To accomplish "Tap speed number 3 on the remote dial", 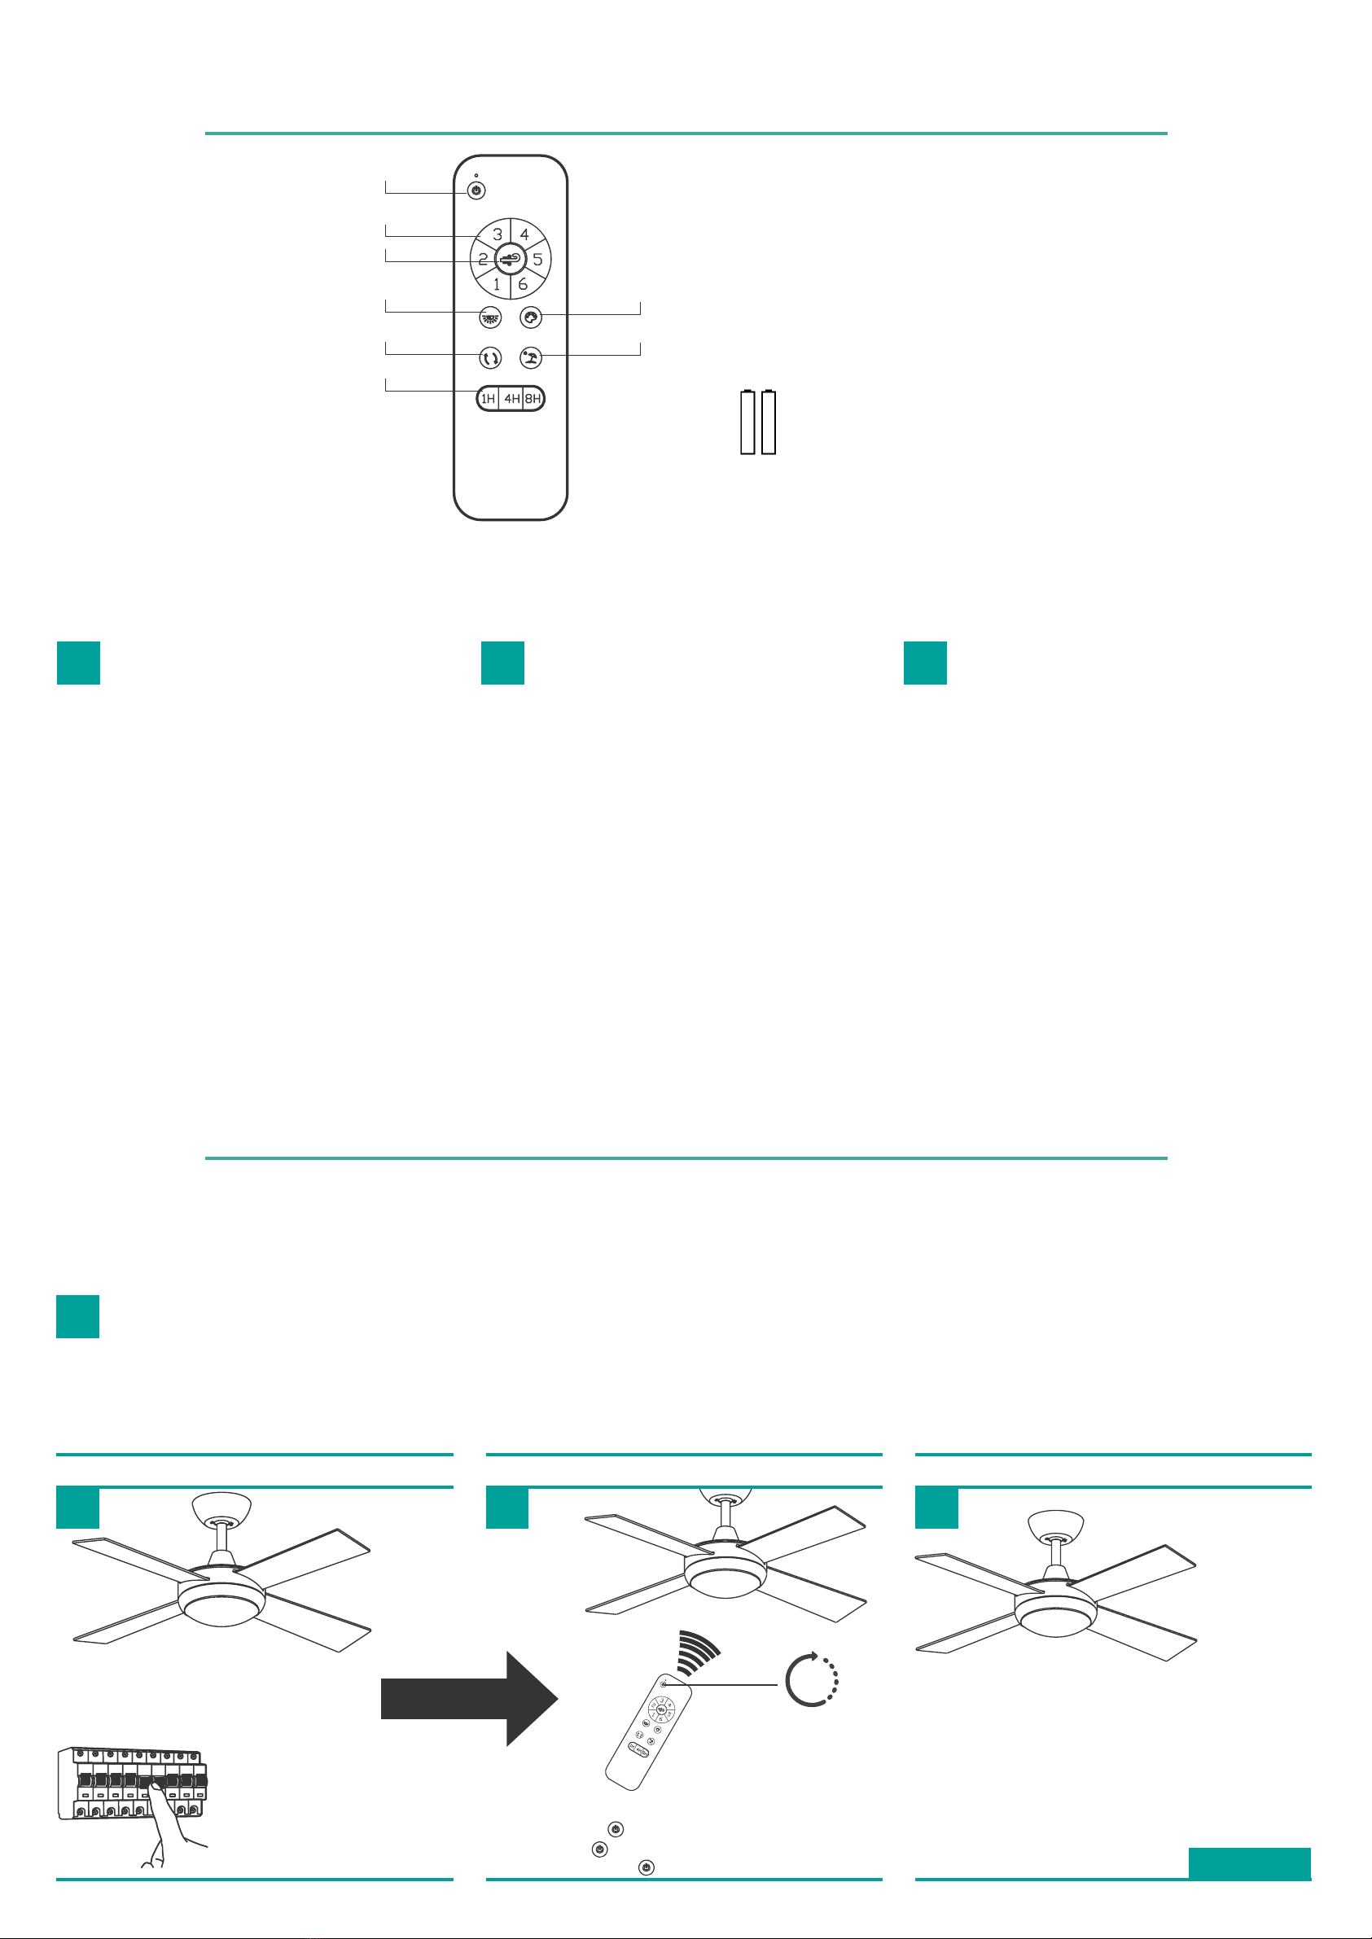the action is click(498, 234).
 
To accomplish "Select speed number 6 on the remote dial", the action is click(523, 285).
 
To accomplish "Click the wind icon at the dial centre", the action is click(511, 259).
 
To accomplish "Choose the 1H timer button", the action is click(489, 399).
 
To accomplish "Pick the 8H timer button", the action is click(533, 399).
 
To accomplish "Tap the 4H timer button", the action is click(511, 399).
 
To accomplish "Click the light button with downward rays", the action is click(490, 317).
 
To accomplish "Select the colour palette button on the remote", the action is click(531, 317).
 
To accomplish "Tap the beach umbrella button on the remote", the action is click(531, 358).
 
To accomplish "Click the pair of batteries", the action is click(758, 422).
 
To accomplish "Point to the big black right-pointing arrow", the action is click(470, 1698).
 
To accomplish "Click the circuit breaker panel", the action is click(132, 1783).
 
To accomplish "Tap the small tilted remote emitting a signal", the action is click(648, 1731).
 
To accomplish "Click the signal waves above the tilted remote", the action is click(699, 1652).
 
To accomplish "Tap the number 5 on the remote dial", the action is click(537, 259).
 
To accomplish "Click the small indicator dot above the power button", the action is click(476, 176).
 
